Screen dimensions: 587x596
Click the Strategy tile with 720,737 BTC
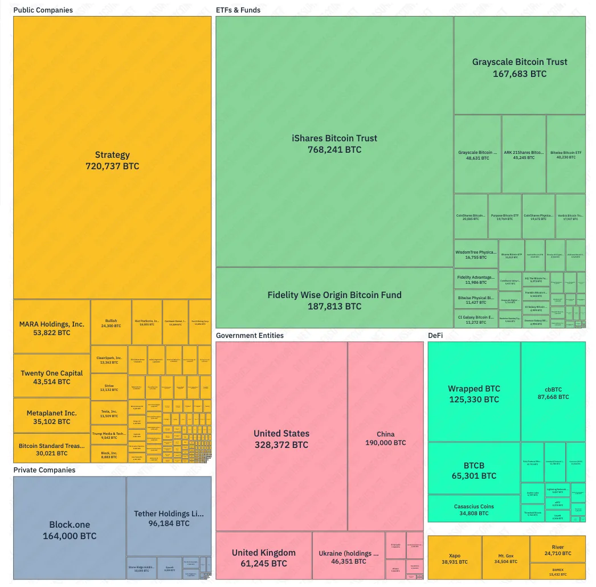pos(112,160)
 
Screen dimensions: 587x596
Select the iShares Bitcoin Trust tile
pos(334,144)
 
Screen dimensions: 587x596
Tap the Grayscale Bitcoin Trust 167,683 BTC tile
pos(520,67)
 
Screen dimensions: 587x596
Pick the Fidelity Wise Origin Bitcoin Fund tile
pos(334,300)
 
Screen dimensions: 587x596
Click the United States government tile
pos(281,438)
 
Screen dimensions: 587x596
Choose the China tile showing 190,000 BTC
pos(386,438)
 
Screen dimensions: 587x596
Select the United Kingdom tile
pos(263,557)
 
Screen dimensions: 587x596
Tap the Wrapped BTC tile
pos(474,393)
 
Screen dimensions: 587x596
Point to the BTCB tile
pos(473,470)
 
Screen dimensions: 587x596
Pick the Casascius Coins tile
pos(473,509)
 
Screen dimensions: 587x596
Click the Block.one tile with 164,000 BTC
pos(70,530)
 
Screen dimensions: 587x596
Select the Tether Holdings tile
pos(169,517)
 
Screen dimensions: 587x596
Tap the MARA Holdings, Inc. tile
pos(52,328)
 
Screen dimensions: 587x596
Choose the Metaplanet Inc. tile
pos(52,417)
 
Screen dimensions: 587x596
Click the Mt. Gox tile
pos(505,558)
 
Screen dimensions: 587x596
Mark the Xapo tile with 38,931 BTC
pos(454,558)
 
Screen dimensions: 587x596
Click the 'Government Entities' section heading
pos(250,335)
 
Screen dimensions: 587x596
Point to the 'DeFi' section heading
pos(435,335)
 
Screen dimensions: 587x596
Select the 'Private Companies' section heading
pos(44,470)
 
